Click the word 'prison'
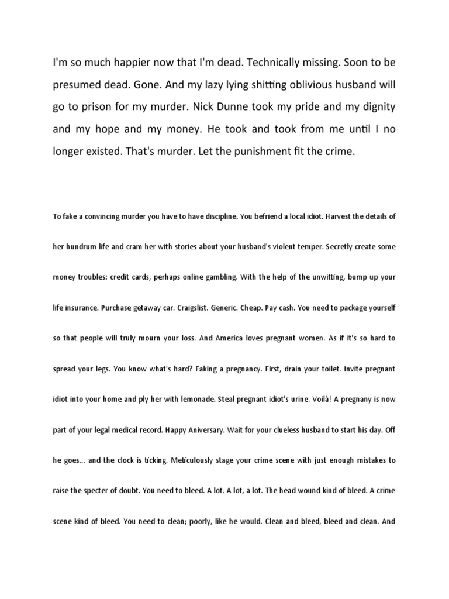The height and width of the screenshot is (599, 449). pyautogui.click(x=97, y=108)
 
